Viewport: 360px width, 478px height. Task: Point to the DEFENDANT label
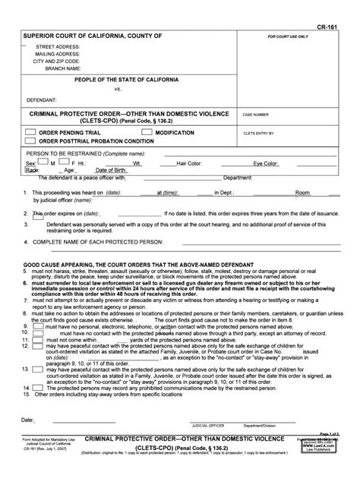click(40, 99)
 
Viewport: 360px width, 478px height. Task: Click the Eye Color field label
click(266, 163)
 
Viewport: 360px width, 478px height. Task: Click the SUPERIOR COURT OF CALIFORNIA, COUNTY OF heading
click(93, 36)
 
